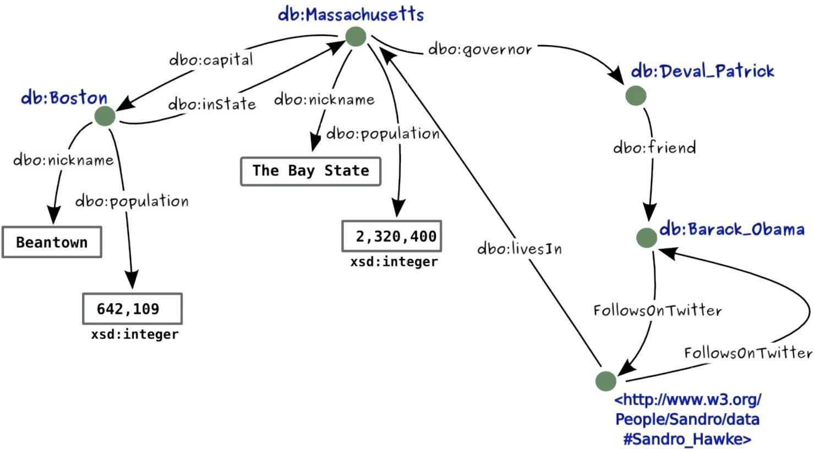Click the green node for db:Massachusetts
click(356, 37)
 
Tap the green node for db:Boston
click(105, 116)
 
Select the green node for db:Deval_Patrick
click(636, 96)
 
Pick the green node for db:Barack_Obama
click(647, 238)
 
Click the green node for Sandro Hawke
click(605, 381)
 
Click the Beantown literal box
click(52, 242)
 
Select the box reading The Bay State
click(310, 171)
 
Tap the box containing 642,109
click(132, 309)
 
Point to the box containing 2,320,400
click(391, 236)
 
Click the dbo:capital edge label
click(211, 59)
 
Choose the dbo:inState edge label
click(212, 104)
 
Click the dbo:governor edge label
click(480, 50)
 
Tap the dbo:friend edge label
click(654, 147)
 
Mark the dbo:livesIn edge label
click(520, 249)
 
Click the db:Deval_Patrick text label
click(702, 71)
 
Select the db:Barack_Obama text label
click(731, 229)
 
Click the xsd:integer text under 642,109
click(135, 335)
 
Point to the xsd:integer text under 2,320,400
click(394, 262)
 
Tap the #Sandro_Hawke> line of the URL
click(687, 439)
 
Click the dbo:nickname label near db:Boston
click(63, 160)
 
